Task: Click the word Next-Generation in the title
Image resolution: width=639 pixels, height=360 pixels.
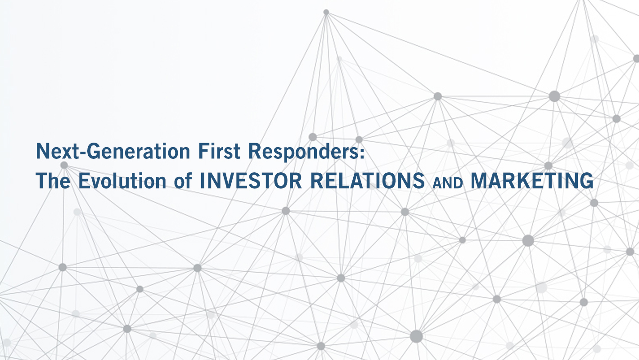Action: pyautogui.click(x=112, y=151)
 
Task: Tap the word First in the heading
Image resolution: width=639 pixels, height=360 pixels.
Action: pyautogui.click(x=219, y=151)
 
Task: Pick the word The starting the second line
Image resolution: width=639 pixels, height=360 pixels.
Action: pyautogui.click(x=53, y=180)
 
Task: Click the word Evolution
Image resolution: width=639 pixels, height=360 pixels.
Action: pyautogui.click(x=122, y=180)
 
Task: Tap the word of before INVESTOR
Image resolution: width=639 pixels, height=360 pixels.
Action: pyautogui.click(x=183, y=181)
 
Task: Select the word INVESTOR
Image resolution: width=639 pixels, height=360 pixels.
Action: pyautogui.click(x=251, y=180)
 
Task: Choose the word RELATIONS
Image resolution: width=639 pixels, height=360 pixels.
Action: pyautogui.click(x=368, y=180)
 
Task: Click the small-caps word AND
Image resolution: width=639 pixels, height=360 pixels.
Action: pyautogui.click(x=448, y=183)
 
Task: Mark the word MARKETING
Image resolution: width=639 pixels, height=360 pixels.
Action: pyautogui.click(x=532, y=180)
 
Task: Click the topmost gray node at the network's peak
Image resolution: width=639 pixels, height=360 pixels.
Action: pyautogui.click(x=326, y=12)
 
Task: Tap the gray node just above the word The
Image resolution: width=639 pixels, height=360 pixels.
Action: pyautogui.click(x=64, y=165)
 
